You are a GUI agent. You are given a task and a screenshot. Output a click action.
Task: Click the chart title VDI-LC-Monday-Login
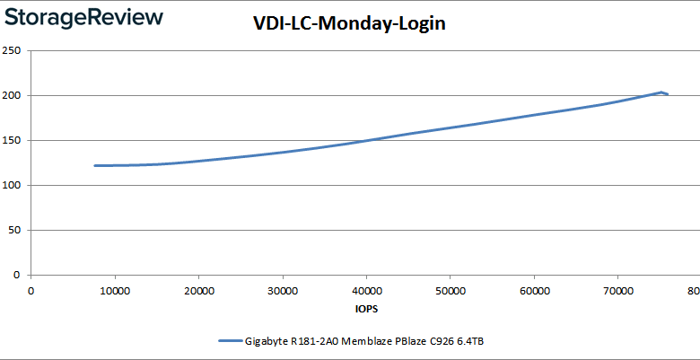coord(349,23)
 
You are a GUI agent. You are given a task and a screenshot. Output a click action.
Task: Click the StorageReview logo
coord(83,17)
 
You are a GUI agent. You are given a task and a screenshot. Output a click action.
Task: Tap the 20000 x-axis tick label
coord(198,290)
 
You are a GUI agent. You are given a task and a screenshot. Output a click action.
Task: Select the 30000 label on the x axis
coord(282,290)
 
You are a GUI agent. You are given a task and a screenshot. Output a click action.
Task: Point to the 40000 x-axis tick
coord(365,290)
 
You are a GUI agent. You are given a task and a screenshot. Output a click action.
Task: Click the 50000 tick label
coord(450,290)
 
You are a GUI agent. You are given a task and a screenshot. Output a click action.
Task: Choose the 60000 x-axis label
coord(533,290)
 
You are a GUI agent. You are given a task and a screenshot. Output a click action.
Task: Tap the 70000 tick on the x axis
coord(617,290)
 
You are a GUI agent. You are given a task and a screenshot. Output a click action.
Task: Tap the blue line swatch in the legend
coord(231,341)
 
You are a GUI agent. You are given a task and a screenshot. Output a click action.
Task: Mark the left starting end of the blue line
coord(95,165)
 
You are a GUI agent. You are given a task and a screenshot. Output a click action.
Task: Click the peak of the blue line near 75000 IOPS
coord(661,92)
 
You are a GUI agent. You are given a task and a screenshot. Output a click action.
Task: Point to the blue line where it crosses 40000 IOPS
coord(366,140)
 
